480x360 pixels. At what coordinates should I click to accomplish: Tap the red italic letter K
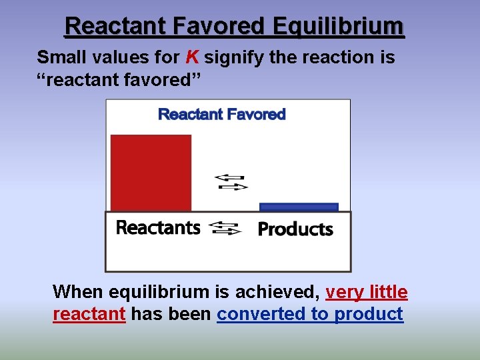[x=191, y=58]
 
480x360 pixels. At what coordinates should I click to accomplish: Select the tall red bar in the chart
[x=151, y=173]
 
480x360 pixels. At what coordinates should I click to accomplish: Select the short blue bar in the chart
[x=299, y=207]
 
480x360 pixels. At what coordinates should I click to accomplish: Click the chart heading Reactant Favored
[x=221, y=114]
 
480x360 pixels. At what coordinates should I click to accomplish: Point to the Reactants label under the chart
[x=158, y=228]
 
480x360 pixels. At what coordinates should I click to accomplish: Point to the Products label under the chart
[x=295, y=229]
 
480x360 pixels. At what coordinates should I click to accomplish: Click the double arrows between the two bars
[x=231, y=182]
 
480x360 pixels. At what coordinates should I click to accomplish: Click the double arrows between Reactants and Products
[x=225, y=229]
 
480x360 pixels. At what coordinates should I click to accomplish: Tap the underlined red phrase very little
[x=367, y=292]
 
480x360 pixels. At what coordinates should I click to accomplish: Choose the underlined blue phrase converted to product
[x=310, y=314]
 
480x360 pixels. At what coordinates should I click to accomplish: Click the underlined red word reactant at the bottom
[x=89, y=314]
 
